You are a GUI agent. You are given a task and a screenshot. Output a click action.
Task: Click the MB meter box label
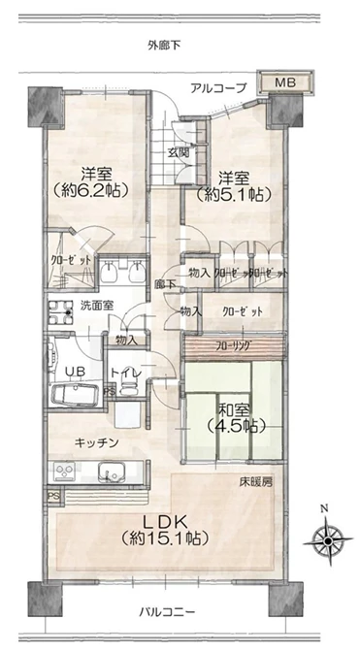pyautogui.click(x=285, y=82)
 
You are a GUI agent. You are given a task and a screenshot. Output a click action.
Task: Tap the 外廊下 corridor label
pyautogui.click(x=164, y=45)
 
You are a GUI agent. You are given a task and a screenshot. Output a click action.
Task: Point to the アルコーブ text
pyautogui.click(x=218, y=88)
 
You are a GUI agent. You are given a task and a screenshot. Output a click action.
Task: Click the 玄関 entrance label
pyautogui.click(x=179, y=152)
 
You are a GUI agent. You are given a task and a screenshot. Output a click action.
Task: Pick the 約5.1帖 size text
pyautogui.click(x=234, y=193)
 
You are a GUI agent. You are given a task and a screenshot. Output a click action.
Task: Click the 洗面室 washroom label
pyautogui.click(x=97, y=306)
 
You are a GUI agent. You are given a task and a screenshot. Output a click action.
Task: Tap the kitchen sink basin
pyautogui.click(x=112, y=473)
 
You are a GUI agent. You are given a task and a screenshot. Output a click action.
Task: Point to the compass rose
pyautogui.click(x=328, y=540)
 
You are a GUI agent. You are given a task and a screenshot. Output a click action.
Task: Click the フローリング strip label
pyautogui.click(x=235, y=345)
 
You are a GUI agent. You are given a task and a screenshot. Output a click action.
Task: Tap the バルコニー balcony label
pyautogui.click(x=167, y=611)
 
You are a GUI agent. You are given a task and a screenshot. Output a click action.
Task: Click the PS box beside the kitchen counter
pyautogui.click(x=52, y=497)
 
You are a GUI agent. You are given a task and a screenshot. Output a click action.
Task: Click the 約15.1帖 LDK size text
pyautogui.click(x=165, y=538)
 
